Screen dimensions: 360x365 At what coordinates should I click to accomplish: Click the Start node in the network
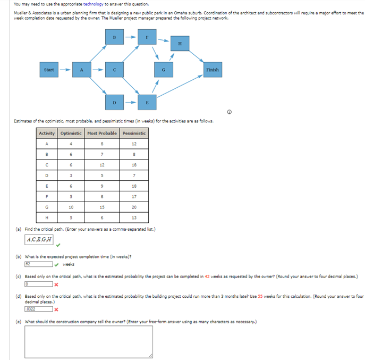pyautogui.click(x=49, y=70)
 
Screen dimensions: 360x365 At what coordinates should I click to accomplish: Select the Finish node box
pyautogui.click(x=212, y=70)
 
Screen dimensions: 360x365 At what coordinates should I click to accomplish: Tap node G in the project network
pyautogui.click(x=164, y=70)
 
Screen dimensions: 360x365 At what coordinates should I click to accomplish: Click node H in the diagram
pyautogui.click(x=180, y=44)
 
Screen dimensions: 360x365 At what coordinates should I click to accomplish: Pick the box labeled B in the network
pyautogui.click(x=115, y=38)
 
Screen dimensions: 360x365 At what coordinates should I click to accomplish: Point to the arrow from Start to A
pyautogui.click(x=64, y=70)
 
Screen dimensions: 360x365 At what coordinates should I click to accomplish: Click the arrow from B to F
pyautogui.click(x=131, y=38)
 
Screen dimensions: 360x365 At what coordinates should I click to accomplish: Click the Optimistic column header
pyautogui.click(x=71, y=133)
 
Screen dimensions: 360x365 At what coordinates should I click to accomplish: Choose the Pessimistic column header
pyautogui.click(x=134, y=133)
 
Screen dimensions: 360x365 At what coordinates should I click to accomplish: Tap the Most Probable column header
pyautogui.click(x=102, y=133)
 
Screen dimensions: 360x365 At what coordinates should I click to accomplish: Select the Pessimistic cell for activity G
pyautogui.click(x=134, y=206)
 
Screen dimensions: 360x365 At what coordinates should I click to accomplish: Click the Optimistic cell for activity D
pyautogui.click(x=71, y=175)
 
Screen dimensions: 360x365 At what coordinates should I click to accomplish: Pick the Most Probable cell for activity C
pyautogui.click(x=102, y=164)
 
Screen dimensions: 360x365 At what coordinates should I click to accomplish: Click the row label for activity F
pyautogui.click(x=47, y=196)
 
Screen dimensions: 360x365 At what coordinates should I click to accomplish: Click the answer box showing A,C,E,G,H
pyautogui.click(x=39, y=239)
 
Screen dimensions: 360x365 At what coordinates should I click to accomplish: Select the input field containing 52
pyautogui.click(x=38, y=264)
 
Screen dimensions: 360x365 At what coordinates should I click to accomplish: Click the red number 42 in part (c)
pyautogui.click(x=207, y=277)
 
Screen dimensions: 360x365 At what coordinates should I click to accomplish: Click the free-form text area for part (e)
pyautogui.click(x=88, y=341)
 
